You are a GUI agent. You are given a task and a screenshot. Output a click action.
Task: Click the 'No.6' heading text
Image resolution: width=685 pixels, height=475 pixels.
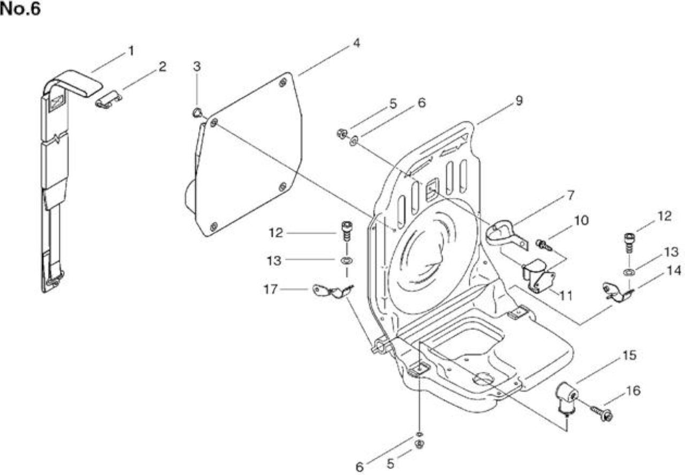click(x=20, y=9)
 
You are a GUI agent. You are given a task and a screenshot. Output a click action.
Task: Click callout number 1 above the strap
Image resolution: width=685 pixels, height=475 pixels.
click(x=131, y=51)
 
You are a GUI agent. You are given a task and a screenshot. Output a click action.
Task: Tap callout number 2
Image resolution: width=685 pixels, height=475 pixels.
click(x=162, y=67)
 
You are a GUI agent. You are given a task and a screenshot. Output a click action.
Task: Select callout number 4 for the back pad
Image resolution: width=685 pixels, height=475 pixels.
click(x=356, y=43)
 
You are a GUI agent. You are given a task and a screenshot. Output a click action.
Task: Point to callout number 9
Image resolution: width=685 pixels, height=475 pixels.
click(x=519, y=101)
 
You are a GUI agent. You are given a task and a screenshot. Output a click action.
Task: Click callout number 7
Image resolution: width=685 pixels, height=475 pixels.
click(x=570, y=195)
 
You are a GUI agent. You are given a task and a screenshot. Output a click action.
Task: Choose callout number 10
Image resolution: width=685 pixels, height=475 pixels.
click(x=581, y=220)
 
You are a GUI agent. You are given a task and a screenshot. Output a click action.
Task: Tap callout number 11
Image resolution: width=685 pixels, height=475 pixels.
click(x=566, y=296)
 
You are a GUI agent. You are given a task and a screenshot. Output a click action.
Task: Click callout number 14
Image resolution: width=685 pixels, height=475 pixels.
click(x=674, y=271)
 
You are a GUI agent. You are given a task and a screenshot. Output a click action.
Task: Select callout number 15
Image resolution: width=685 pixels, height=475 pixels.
click(x=630, y=355)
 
